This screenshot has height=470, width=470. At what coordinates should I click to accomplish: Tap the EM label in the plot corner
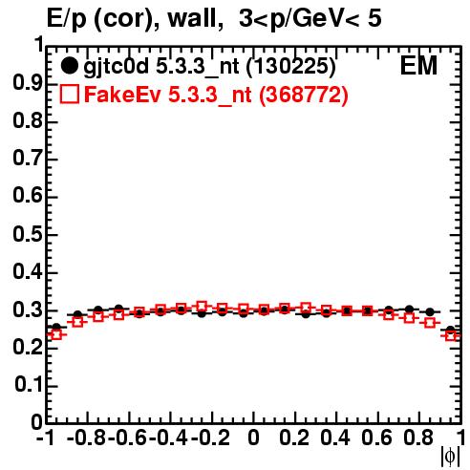coord(418,66)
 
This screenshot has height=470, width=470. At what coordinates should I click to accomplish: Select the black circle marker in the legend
coord(69,66)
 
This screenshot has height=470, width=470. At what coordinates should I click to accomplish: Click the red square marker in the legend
coord(69,94)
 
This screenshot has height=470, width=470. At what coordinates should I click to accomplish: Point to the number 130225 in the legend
coord(290,66)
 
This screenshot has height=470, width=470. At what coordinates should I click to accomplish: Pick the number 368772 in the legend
coord(303,95)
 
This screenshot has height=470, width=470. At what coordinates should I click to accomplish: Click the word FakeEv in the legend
coord(122,95)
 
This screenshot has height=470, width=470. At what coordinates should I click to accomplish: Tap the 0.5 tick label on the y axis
coord(28,235)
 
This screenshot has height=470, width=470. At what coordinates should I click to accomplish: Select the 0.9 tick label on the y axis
coord(28,83)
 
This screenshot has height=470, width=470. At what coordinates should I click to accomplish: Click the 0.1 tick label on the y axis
coord(29,385)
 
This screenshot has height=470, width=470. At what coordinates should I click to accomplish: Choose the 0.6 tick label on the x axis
coord(376,438)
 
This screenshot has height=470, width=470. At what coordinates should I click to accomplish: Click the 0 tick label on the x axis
coord(253,438)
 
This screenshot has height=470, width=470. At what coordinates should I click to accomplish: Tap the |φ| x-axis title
coord(450,457)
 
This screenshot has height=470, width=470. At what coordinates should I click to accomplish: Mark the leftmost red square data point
coord(56,334)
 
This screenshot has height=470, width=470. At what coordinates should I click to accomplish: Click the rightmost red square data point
coord(451,335)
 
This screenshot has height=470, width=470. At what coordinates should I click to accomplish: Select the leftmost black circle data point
coord(56,327)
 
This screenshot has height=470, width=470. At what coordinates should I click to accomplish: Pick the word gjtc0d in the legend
coord(116,67)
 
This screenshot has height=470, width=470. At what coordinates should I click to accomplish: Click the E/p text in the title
coord(67,19)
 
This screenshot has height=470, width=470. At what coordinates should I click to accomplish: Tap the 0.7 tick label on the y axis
coord(28,159)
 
